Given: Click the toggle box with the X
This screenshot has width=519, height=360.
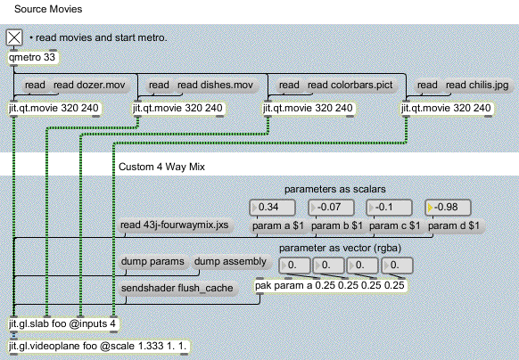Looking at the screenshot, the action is [14, 37].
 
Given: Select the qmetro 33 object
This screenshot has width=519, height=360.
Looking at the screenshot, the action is [33, 58].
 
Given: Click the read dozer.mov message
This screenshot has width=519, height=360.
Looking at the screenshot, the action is [89, 86].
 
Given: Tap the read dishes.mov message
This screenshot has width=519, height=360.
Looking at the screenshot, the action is [216, 86].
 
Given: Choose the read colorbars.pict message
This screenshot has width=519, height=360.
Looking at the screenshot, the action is [350, 86].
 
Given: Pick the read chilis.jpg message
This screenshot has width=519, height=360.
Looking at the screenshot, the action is [477, 86].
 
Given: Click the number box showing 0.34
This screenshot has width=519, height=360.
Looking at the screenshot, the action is [272, 208].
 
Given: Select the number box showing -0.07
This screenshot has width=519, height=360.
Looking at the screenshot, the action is [331, 208].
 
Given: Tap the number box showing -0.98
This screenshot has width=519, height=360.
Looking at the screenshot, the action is [448, 208].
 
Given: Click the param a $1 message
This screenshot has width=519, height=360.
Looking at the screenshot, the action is [278, 226].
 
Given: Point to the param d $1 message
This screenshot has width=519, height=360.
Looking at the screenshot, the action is [454, 226].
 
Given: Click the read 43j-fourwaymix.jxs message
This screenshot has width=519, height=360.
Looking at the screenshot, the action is [175, 225].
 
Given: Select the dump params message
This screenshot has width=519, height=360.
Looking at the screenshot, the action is [152, 262].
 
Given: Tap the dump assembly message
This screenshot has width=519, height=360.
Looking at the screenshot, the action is [230, 262].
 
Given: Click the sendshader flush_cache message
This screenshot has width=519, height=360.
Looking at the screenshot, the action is [177, 288].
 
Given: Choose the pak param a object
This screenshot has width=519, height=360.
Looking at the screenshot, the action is [330, 285].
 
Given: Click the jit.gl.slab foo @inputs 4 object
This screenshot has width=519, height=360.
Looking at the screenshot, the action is [63, 323].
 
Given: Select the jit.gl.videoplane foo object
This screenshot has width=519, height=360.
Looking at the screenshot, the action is [98, 346].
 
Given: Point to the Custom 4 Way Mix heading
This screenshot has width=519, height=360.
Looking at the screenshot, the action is [161, 167].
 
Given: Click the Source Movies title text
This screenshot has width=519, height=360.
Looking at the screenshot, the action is [48, 9].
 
